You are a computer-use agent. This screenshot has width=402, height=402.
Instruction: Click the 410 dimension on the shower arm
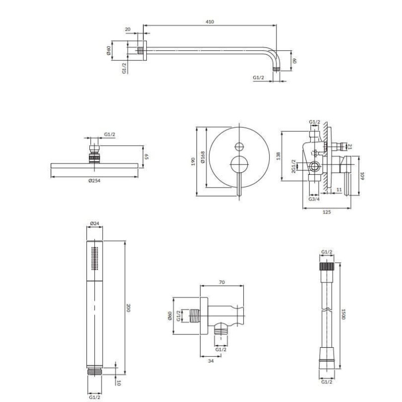[210, 22]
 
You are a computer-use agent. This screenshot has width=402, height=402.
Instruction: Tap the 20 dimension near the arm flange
[128, 29]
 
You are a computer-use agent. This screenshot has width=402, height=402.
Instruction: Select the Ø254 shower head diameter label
[94, 181]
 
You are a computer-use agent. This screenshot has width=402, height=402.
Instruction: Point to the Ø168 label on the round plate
[203, 157]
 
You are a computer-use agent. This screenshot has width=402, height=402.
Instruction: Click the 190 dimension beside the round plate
[193, 162]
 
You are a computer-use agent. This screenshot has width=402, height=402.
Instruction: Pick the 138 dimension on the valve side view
[278, 156]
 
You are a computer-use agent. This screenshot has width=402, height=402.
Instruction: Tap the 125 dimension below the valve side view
[327, 212]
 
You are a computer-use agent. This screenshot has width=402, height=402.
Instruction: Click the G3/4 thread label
[314, 199]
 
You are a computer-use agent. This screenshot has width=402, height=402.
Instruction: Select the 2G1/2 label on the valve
[294, 166]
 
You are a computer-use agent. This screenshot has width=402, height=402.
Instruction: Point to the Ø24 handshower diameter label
[94, 224]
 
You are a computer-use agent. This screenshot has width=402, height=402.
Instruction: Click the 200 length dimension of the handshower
[129, 308]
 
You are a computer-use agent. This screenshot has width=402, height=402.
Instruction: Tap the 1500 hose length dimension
[344, 314]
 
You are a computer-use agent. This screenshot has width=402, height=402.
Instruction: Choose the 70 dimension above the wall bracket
[222, 282]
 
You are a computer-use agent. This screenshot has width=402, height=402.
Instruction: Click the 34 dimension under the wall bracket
[211, 361]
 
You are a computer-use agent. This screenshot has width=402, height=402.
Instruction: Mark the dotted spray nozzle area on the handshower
[95, 258]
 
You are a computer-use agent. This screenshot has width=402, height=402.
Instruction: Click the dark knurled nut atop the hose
[327, 266]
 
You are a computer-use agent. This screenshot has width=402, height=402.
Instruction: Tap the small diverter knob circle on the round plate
[240, 146]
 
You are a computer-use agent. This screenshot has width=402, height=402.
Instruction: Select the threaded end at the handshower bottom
[94, 372]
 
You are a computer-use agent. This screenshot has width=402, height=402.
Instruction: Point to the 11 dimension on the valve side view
[339, 190]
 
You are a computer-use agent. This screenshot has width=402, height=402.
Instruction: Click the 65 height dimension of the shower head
[147, 157]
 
